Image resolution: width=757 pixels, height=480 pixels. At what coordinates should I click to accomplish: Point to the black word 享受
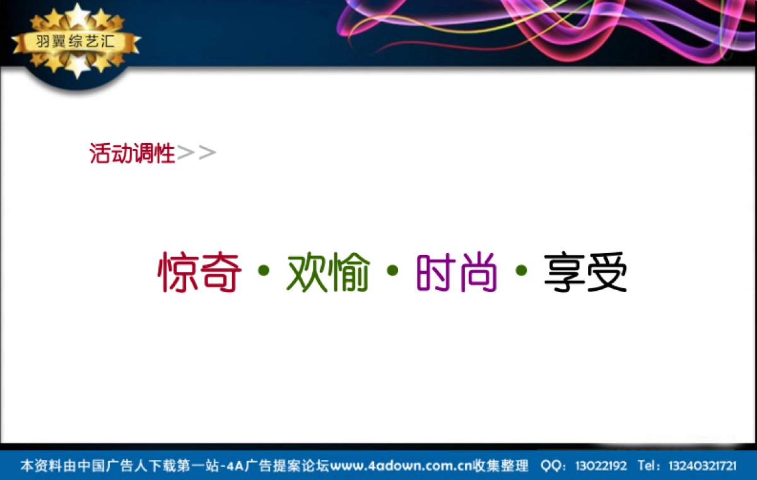(x=585, y=272)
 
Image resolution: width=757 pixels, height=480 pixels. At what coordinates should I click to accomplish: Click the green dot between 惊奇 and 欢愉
(x=264, y=271)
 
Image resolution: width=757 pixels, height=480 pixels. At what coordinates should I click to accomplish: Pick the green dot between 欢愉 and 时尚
(x=392, y=271)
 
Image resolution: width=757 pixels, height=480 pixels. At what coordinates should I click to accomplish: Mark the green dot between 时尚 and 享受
(x=521, y=271)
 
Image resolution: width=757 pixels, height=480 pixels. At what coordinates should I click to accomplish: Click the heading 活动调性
(x=132, y=153)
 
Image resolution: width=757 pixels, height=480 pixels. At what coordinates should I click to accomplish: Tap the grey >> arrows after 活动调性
(x=197, y=153)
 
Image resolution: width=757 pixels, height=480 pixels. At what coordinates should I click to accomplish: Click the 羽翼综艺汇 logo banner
(x=76, y=43)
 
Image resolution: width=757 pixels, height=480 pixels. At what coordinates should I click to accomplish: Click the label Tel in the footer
(x=648, y=466)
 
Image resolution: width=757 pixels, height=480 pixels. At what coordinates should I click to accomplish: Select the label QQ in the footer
(x=550, y=466)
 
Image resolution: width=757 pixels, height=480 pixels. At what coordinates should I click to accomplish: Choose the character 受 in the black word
(x=607, y=272)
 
